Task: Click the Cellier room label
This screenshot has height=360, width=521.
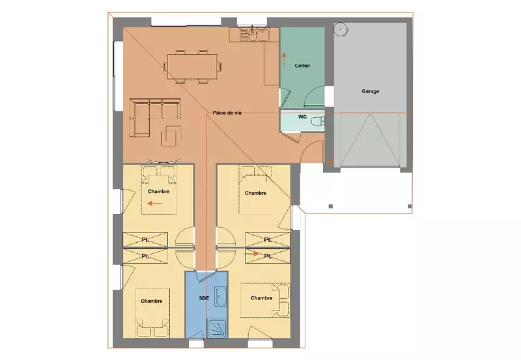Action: tap(302, 65)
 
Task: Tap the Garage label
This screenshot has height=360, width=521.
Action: tap(370, 91)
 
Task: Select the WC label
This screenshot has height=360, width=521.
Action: tap(302, 117)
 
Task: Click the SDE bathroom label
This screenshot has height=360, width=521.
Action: tap(204, 298)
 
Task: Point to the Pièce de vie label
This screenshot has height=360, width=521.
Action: tap(227, 113)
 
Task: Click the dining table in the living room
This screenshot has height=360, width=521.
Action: tap(192, 66)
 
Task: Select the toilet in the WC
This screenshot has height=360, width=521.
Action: tap(318, 121)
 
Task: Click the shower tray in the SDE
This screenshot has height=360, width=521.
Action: tap(217, 329)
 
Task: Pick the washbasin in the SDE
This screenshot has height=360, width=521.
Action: tap(221, 296)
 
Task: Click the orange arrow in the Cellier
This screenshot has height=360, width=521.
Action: tap(284, 59)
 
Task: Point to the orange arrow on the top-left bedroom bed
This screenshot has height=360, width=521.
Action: tap(155, 203)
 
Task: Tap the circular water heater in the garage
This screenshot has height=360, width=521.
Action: tap(340, 29)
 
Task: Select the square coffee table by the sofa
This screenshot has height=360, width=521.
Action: tap(171, 135)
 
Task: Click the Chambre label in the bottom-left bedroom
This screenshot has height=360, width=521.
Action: tap(152, 301)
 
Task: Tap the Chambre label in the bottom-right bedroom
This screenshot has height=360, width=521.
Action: tap(262, 298)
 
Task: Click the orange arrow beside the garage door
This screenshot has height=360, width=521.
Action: tap(331, 158)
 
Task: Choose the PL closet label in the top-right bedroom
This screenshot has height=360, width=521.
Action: tap(268, 239)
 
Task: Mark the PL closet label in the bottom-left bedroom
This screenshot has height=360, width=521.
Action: tap(145, 256)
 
